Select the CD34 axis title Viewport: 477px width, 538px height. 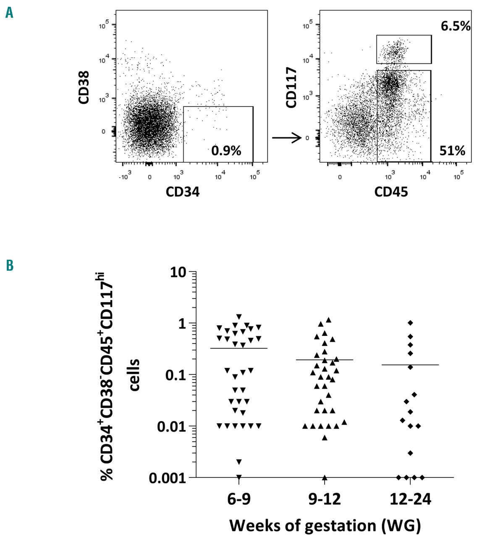(182, 192)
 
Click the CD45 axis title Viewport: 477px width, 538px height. (391, 192)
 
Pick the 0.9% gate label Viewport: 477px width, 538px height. (226, 150)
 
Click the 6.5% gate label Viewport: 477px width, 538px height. (455, 26)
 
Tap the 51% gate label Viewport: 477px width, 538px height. (452, 150)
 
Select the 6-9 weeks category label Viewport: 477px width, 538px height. (238, 499)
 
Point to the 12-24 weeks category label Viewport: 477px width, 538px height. (411, 499)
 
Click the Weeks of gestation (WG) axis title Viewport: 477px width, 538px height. (325, 525)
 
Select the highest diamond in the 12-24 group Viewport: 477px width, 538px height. (411, 323)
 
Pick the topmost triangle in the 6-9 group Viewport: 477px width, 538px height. (239, 316)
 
